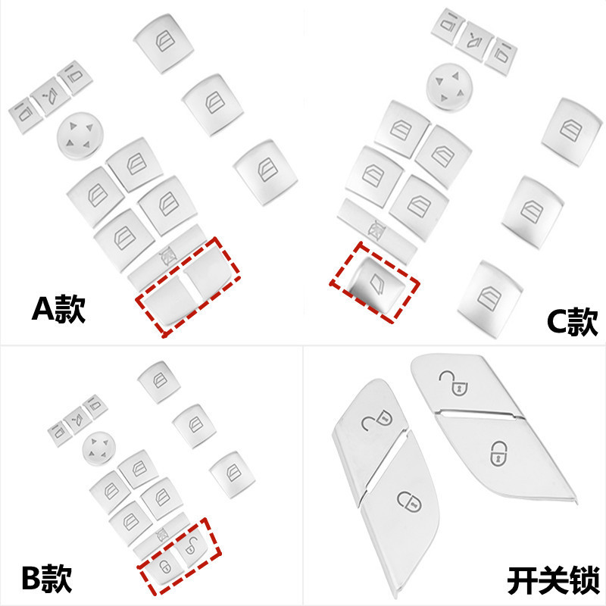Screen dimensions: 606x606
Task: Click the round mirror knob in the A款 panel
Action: (x=79, y=136)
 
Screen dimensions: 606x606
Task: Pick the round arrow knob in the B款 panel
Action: (x=98, y=446)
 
